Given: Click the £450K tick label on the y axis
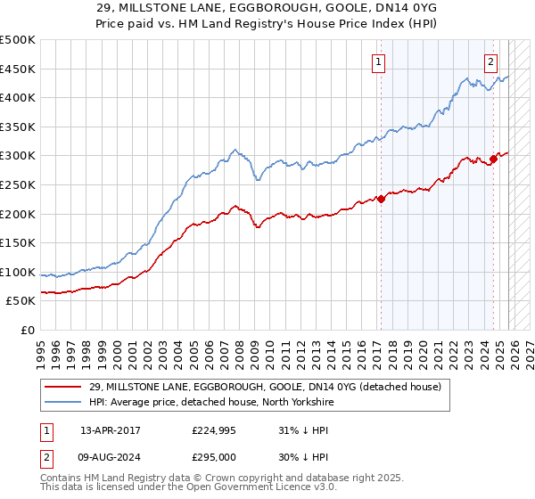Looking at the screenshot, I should coord(18,70).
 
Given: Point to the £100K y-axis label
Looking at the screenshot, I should coord(18,272).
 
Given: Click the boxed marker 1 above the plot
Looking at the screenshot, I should coord(380,61).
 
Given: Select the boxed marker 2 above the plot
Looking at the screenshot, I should coord(491,61).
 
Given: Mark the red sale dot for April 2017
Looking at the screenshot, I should coord(381,199).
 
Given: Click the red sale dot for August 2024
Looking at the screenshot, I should coord(492,159).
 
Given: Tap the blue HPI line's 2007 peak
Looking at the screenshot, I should coord(234,150).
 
